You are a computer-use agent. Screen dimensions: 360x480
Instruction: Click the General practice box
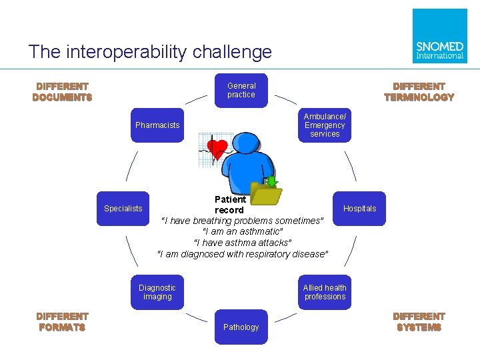tap(241, 90)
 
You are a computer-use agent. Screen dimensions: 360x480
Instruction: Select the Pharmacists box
tap(157, 125)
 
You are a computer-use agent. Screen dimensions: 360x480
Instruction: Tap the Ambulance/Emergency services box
tap(325, 125)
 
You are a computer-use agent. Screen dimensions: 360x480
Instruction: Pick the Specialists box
tap(123, 209)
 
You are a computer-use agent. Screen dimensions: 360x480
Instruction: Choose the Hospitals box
tap(359, 209)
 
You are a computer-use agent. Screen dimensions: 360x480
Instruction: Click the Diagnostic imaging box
tap(157, 292)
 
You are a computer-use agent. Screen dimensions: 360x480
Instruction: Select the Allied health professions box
tap(325, 292)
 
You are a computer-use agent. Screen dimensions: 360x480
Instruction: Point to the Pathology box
tap(241, 327)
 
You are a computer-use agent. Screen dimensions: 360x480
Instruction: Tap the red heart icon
tap(217, 147)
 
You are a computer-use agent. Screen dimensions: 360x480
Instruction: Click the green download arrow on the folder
tap(271, 181)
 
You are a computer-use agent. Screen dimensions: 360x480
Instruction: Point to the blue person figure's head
tap(248, 142)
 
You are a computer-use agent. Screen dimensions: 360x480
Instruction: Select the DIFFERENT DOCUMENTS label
tap(62, 92)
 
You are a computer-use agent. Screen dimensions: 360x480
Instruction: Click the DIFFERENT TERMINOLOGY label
tap(419, 92)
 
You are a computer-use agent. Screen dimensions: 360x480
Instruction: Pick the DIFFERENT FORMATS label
tap(62, 322)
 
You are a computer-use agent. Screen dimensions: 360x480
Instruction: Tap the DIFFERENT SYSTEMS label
tap(419, 322)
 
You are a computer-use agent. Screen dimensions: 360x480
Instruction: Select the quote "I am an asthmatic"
tap(243, 231)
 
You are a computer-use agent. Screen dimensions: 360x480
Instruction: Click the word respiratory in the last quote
tap(267, 254)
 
